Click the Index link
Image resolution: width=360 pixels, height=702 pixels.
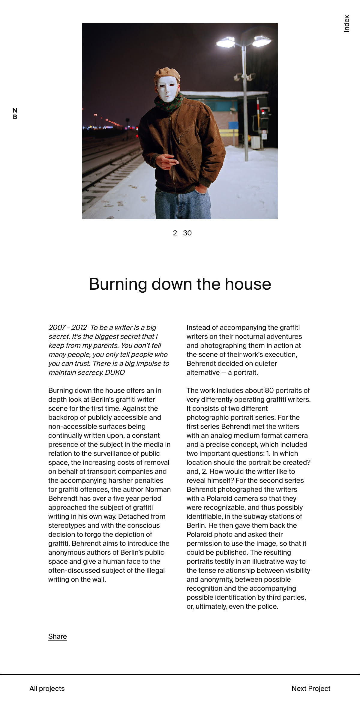click(347, 24)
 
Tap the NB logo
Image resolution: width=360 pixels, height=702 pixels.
click(15, 114)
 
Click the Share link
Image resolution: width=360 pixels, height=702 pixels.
click(57, 636)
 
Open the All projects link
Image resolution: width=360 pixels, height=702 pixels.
click(47, 689)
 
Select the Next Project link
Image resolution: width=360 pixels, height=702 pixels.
click(311, 689)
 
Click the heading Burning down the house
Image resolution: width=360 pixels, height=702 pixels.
click(180, 284)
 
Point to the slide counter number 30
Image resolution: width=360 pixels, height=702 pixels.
click(187, 233)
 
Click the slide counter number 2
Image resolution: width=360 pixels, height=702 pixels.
click(175, 233)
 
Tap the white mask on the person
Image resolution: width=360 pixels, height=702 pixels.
click(167, 89)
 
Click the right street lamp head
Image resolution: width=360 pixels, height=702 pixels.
click(262, 41)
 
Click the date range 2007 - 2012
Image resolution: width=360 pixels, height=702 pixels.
click(67, 327)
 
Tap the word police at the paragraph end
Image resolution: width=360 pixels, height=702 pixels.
click(268, 606)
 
